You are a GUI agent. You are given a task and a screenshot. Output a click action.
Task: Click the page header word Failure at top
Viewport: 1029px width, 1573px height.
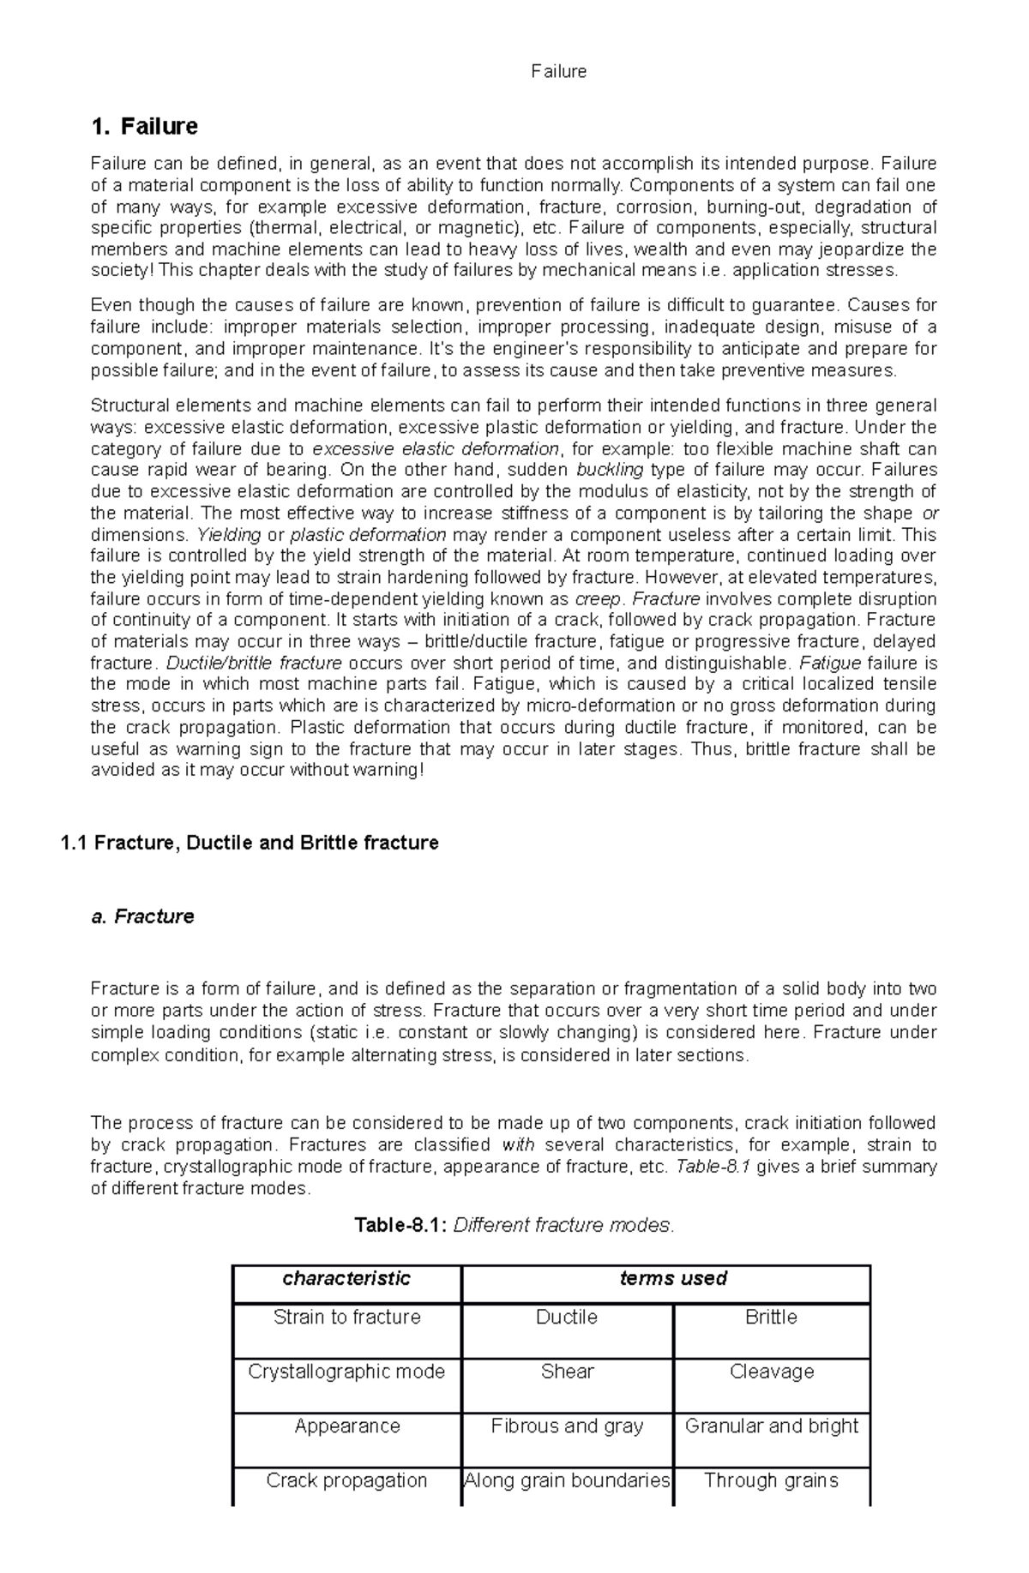tap(558, 72)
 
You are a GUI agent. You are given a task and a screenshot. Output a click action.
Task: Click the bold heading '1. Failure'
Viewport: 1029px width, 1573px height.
tap(144, 127)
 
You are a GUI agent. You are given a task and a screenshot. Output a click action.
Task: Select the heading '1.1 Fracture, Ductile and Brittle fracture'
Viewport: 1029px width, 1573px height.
tap(250, 843)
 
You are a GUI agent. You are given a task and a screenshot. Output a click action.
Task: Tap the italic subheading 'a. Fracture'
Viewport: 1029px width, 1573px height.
tap(142, 916)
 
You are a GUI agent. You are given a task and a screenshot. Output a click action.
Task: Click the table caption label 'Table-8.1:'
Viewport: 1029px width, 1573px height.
tap(400, 1225)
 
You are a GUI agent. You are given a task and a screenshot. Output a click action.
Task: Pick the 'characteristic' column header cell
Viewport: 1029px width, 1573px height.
tap(346, 1278)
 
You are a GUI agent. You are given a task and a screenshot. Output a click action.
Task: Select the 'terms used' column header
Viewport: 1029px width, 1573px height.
tap(673, 1278)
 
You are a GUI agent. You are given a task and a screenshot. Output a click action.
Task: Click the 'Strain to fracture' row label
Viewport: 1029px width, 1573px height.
tap(346, 1317)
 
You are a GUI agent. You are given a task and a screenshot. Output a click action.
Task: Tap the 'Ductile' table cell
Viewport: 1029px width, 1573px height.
tap(567, 1317)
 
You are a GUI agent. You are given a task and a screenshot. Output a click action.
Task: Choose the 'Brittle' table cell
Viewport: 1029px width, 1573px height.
tap(771, 1317)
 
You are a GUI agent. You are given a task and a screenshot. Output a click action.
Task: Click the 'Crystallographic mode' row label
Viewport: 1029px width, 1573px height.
tap(346, 1372)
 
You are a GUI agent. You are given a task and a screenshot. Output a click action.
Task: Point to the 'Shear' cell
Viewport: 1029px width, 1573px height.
tap(567, 1372)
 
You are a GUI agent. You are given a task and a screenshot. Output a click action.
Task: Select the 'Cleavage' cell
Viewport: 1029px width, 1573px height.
tap(771, 1372)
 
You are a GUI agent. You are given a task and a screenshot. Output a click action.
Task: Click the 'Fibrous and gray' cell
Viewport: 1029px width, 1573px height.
tap(567, 1426)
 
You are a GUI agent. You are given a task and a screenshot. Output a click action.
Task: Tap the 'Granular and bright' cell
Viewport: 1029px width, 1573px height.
tap(771, 1426)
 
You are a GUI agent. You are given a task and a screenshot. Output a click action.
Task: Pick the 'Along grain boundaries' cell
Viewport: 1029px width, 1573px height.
tap(567, 1480)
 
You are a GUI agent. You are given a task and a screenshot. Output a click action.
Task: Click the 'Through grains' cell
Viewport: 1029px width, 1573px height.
tap(771, 1480)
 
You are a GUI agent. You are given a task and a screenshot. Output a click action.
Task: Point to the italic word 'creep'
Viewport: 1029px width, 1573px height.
tap(598, 598)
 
